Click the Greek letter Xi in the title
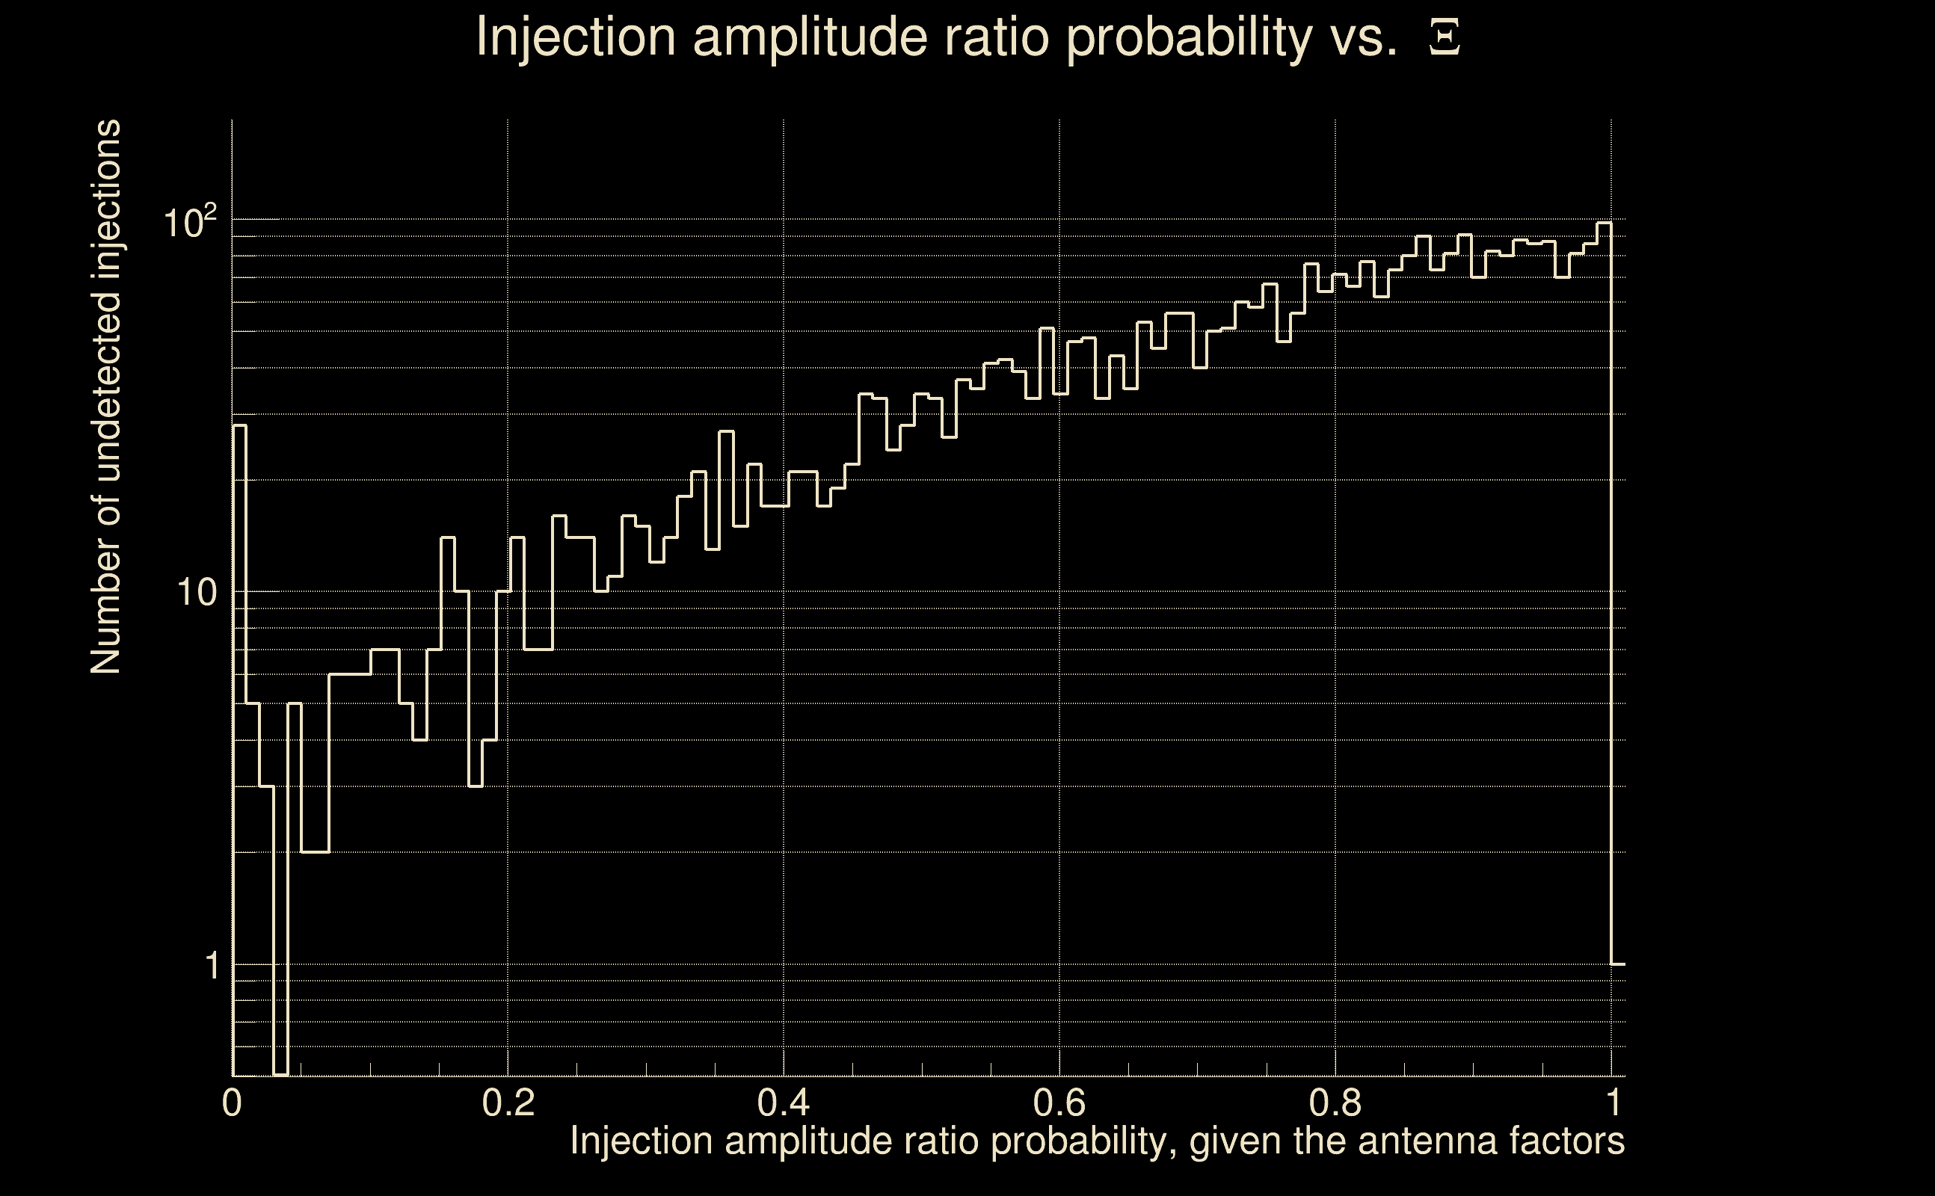(x=1445, y=37)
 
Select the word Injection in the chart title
(x=576, y=37)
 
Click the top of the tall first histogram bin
(x=240, y=425)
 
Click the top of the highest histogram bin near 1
(x=1604, y=223)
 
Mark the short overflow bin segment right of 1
(x=1619, y=964)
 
